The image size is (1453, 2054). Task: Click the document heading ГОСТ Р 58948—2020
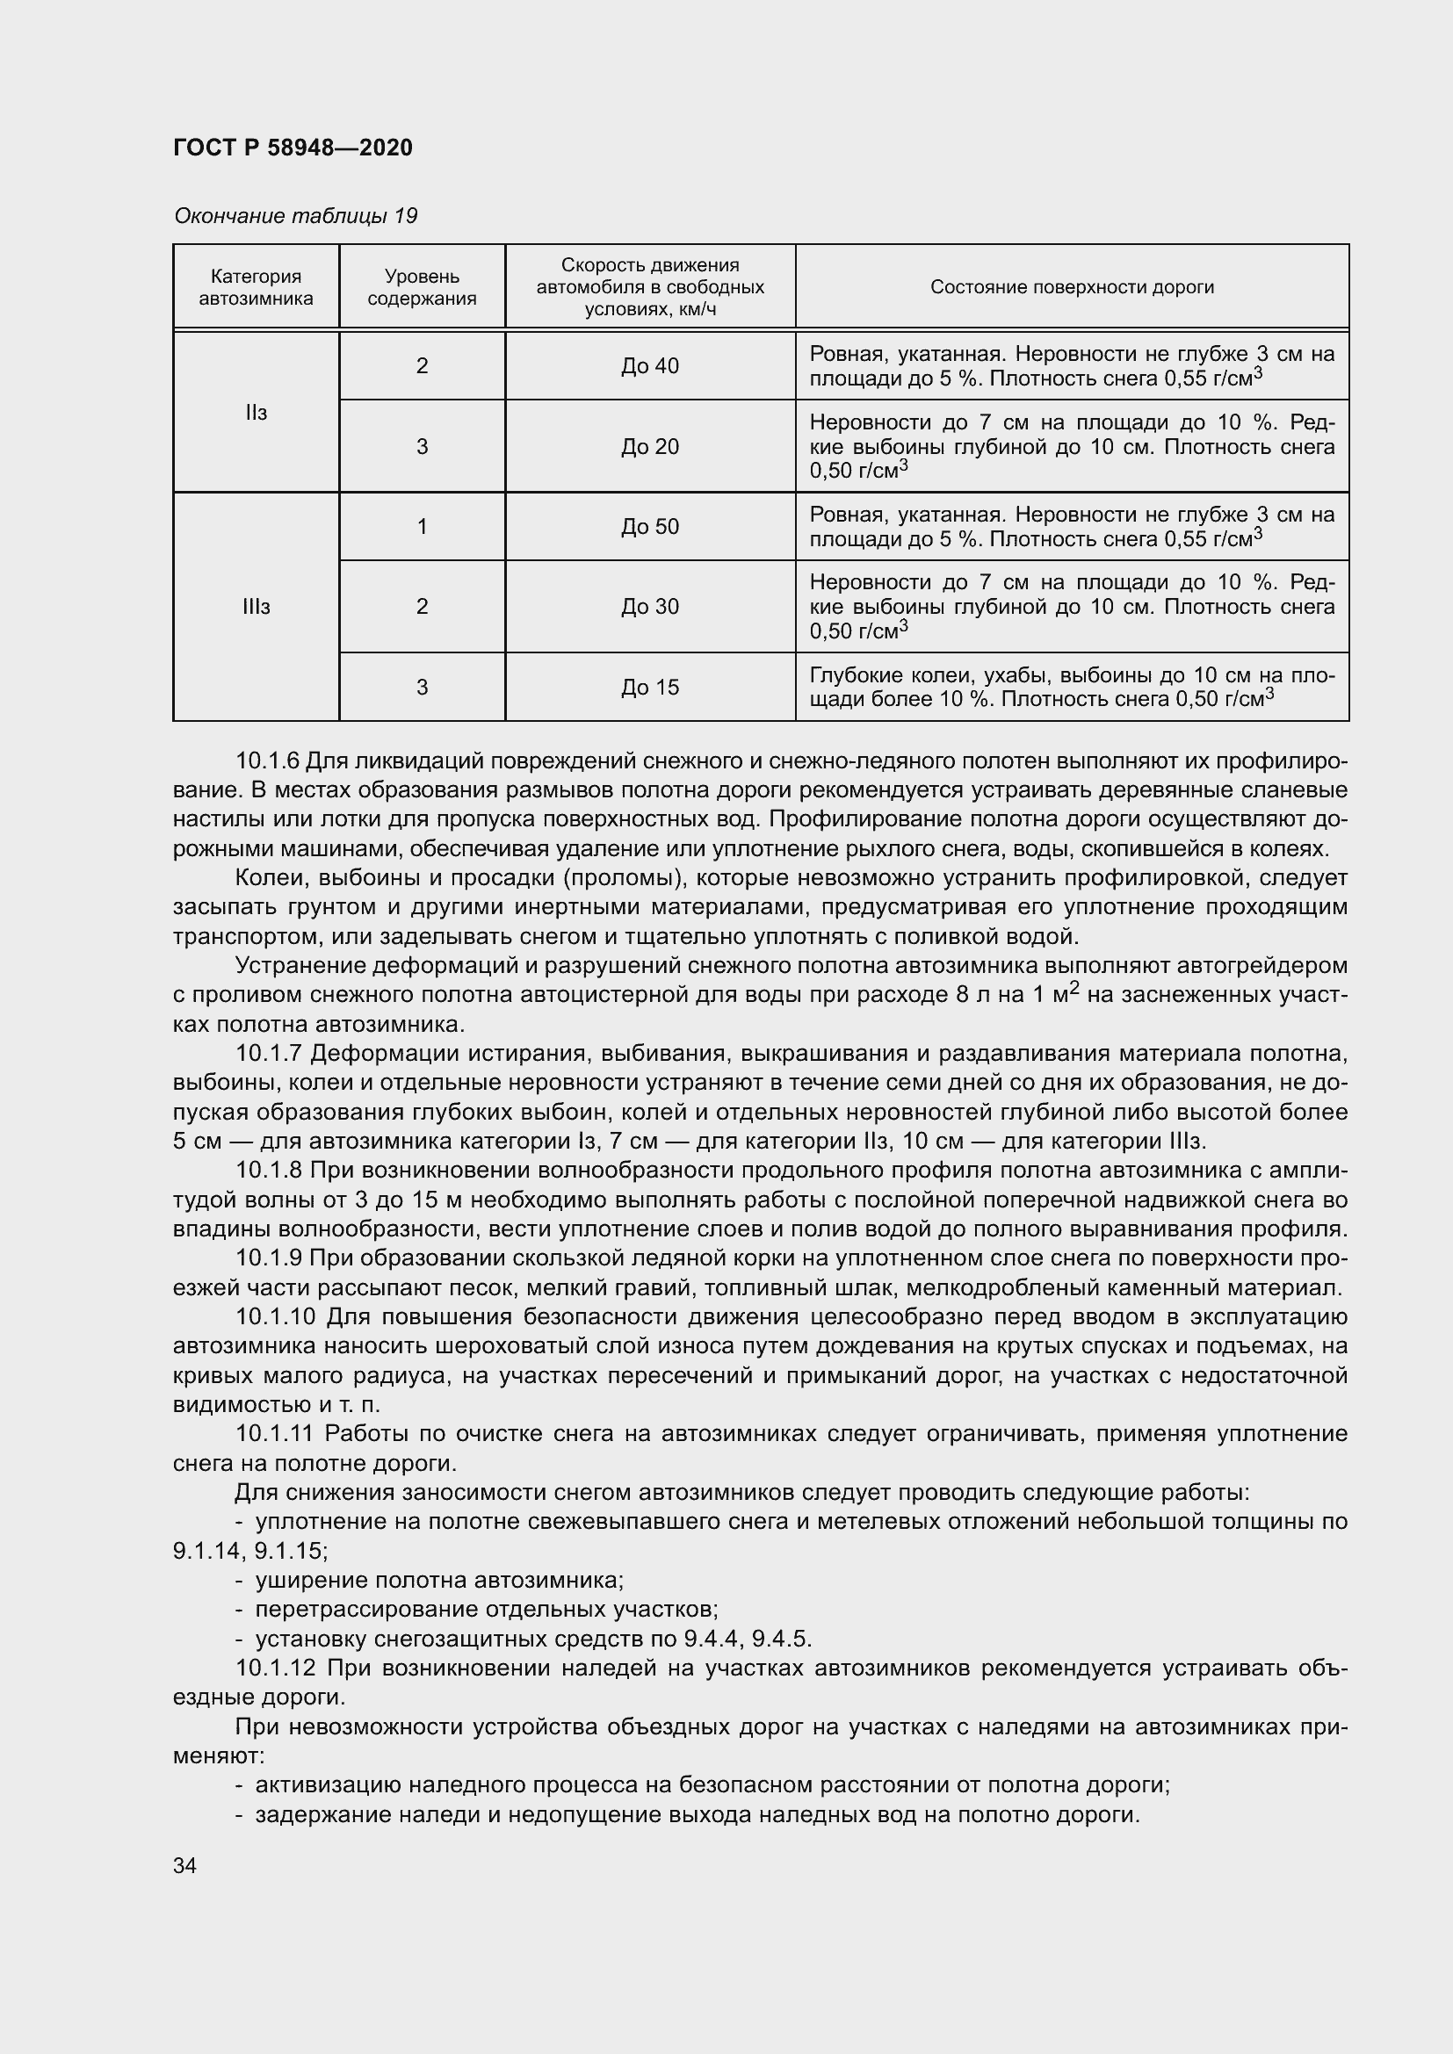(x=293, y=148)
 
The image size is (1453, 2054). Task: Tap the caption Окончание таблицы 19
(x=295, y=216)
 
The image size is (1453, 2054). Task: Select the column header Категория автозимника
(x=256, y=287)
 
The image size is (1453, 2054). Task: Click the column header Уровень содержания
(x=422, y=287)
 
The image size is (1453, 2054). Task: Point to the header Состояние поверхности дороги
(x=1072, y=287)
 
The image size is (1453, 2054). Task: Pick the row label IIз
(x=256, y=413)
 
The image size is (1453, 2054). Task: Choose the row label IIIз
(x=256, y=607)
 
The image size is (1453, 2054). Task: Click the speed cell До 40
(x=649, y=366)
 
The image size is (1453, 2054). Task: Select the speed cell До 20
(x=649, y=446)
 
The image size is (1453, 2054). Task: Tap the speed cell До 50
(x=649, y=526)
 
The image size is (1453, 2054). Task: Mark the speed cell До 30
(x=649, y=607)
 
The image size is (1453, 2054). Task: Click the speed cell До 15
(x=649, y=687)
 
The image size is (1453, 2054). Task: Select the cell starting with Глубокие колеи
(x=1072, y=687)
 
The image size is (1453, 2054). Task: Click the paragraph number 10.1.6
(x=268, y=761)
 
